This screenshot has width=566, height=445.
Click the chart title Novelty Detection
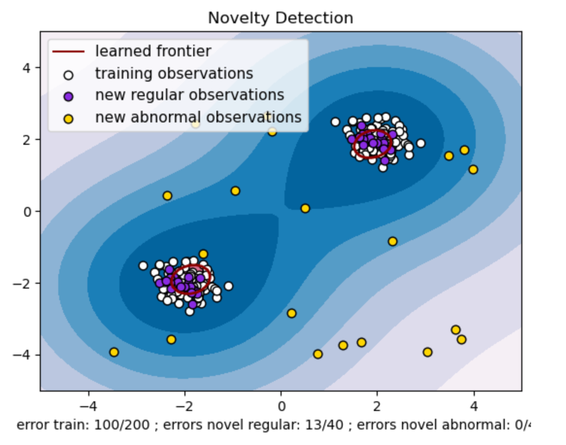point(280,18)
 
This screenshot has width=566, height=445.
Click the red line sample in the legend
point(68,51)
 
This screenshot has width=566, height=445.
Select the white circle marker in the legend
point(68,75)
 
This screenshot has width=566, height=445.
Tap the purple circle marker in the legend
point(68,96)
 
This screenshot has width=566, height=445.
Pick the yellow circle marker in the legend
point(68,118)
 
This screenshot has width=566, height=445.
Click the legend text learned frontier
point(153,51)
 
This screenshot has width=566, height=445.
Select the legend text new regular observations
point(189,95)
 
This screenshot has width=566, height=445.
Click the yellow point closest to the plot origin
point(305,208)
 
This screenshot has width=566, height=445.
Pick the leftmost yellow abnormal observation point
point(114,352)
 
